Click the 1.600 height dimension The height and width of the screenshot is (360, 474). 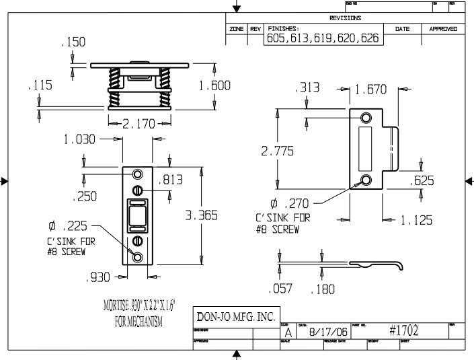pyautogui.click(x=214, y=86)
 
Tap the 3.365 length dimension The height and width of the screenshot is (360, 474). pyautogui.click(x=201, y=216)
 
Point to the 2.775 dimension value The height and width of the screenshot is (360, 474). pyautogui.click(x=277, y=151)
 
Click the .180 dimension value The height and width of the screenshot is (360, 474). pyautogui.click(x=323, y=289)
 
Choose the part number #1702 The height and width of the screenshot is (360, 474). pyautogui.click(x=404, y=331)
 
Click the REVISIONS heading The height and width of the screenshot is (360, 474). pyautogui.click(x=346, y=18)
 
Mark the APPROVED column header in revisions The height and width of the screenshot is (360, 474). pyautogui.click(x=443, y=29)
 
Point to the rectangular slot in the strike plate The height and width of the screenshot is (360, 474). pyautogui.click(x=366, y=149)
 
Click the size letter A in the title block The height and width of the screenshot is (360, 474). pyautogui.click(x=288, y=332)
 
